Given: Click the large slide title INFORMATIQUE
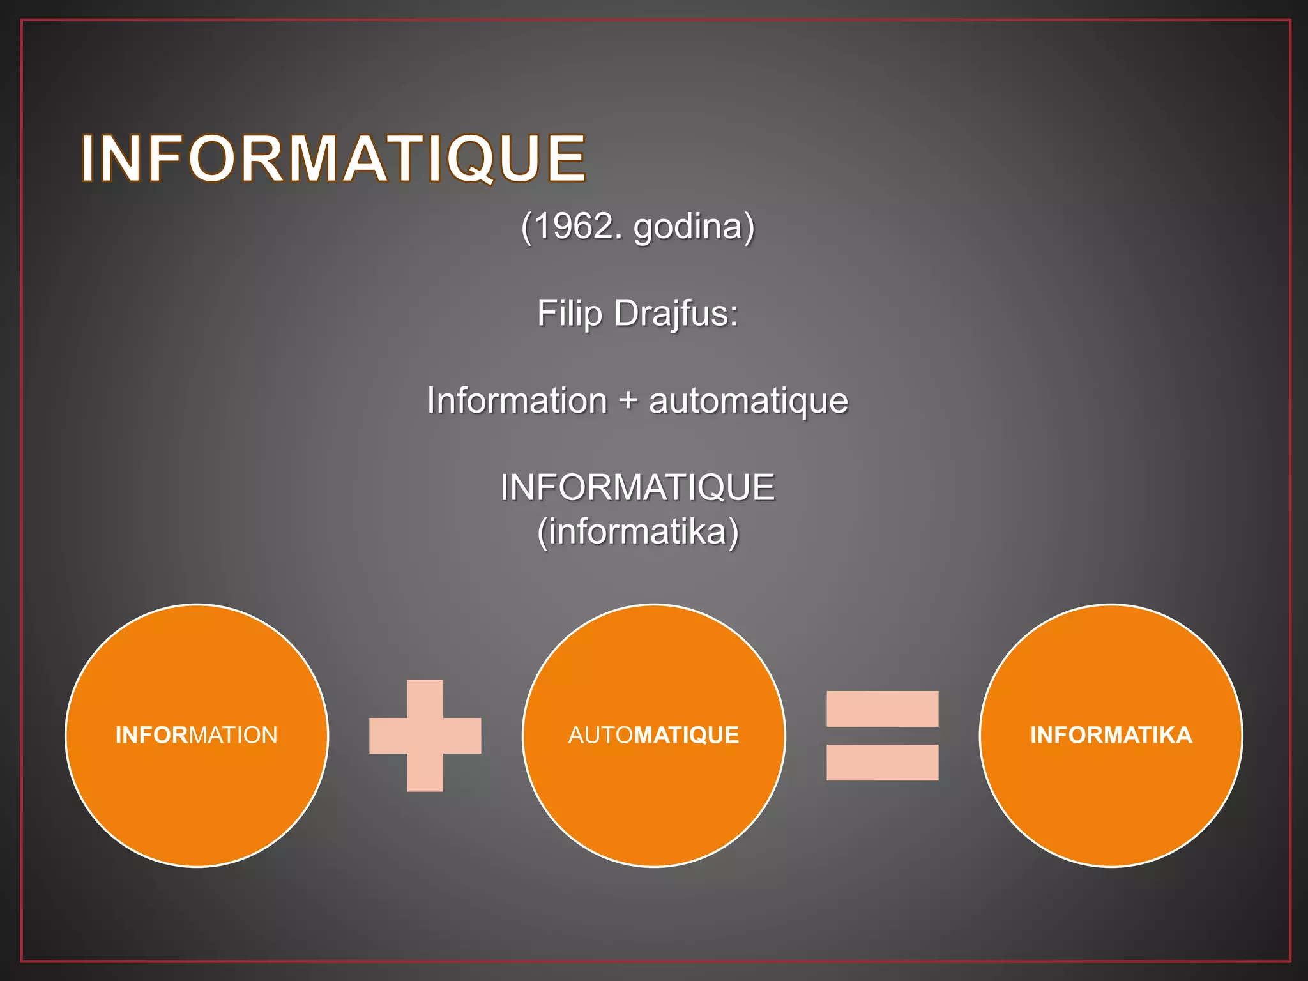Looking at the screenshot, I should (333, 158).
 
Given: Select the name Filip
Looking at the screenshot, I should (569, 314).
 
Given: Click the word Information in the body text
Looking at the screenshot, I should (517, 400).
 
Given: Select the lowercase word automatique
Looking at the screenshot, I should (748, 400).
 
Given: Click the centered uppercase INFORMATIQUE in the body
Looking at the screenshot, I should (637, 487).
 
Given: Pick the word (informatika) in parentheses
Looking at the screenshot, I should (637, 531).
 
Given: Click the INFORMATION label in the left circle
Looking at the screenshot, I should (197, 735).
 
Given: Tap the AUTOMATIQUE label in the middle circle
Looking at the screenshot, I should (653, 735).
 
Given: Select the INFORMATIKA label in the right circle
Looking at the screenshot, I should (1111, 735).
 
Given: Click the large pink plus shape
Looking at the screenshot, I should (425, 736).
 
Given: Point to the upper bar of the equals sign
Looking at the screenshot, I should (882, 709).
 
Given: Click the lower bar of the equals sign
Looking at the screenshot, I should (882, 763).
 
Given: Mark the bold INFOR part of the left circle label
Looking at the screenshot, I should (152, 735).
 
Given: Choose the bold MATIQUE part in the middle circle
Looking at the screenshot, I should (687, 735).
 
